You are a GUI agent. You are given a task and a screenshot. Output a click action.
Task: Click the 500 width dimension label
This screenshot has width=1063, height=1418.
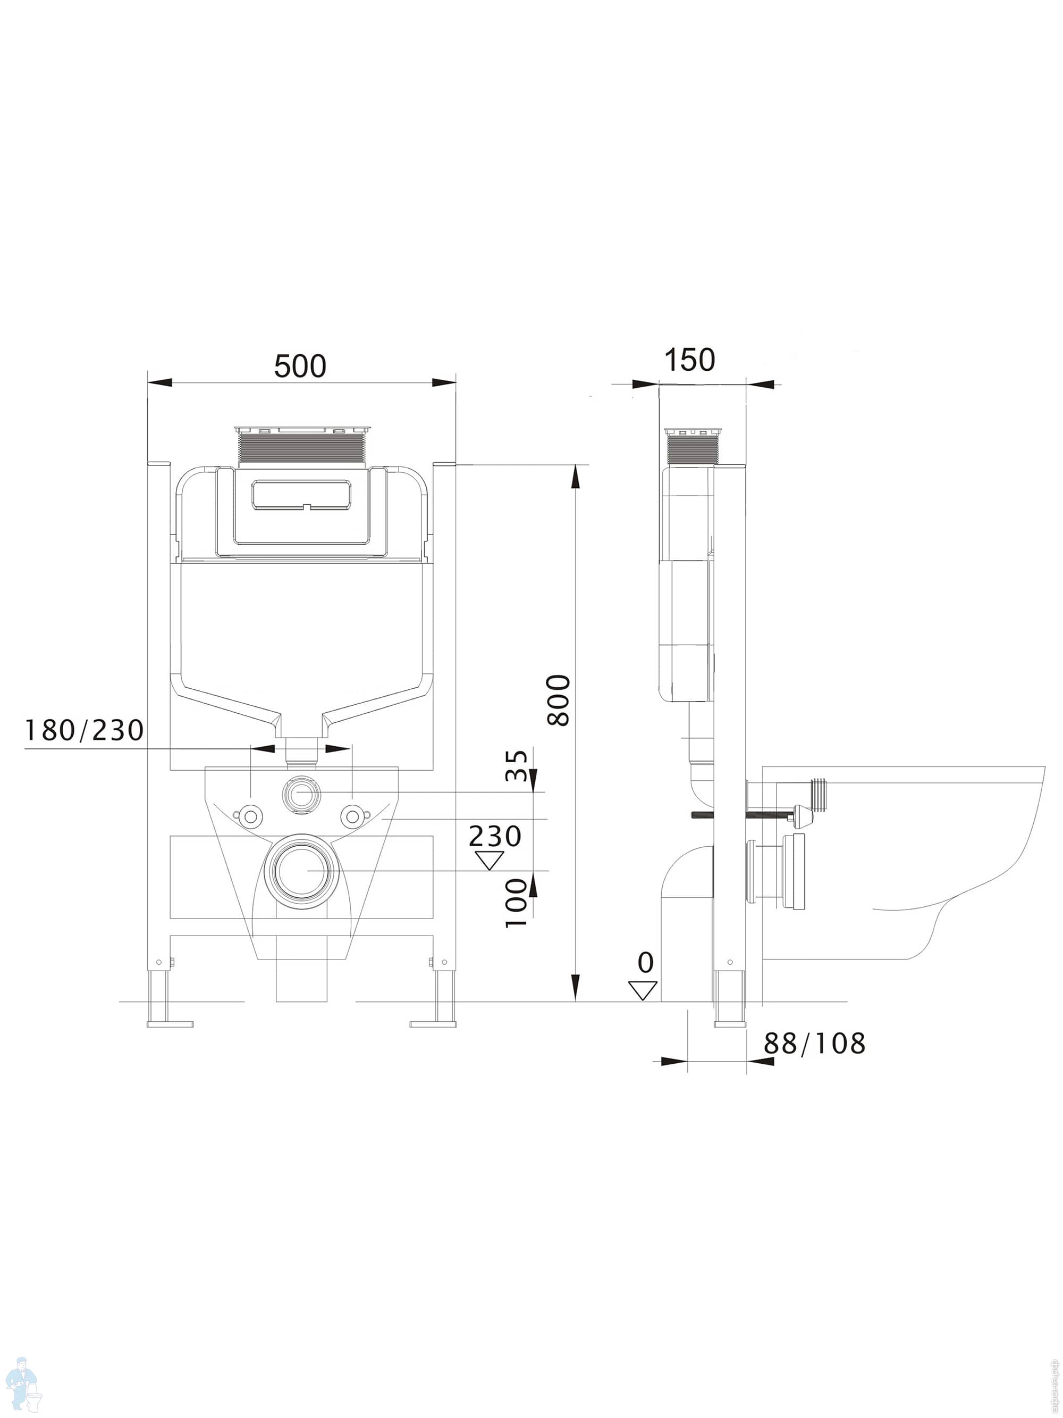click(x=300, y=366)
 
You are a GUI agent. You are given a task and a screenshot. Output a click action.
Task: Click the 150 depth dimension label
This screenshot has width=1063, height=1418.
click(x=689, y=360)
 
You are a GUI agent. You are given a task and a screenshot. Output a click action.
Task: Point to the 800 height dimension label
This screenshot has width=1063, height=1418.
click(x=559, y=700)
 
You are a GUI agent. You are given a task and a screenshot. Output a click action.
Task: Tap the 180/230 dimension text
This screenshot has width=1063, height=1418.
click(x=84, y=730)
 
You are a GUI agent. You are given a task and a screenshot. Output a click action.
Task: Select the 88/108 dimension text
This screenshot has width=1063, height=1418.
click(x=814, y=1044)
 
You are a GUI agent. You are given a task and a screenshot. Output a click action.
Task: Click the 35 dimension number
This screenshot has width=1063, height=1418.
click(x=517, y=765)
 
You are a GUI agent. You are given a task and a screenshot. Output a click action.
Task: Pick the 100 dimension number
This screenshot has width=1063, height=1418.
click(x=517, y=903)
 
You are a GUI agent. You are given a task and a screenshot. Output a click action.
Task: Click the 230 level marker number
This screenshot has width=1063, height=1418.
click(x=495, y=836)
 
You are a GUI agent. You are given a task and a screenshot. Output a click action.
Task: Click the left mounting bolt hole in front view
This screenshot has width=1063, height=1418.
click(x=249, y=815)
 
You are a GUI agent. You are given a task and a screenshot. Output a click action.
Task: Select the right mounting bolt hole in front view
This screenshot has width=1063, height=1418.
click(x=352, y=815)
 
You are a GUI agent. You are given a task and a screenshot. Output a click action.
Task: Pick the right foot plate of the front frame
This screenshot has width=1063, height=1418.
click(x=433, y=1023)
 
